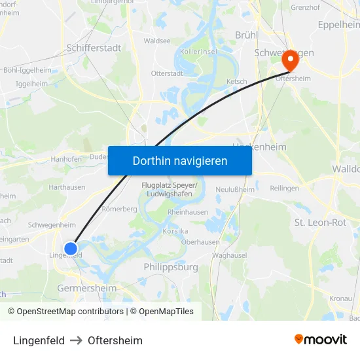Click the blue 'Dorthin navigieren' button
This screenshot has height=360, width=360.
tap(180, 160)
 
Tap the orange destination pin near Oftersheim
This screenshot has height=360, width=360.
tap(289, 61)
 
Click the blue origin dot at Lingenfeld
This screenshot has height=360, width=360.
tap(71, 248)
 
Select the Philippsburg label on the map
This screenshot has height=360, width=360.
tap(170, 267)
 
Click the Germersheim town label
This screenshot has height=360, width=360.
tap(86, 288)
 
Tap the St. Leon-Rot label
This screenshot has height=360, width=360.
tap(320, 223)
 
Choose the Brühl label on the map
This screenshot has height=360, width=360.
tap(247, 35)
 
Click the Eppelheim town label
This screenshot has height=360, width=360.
tap(338, 25)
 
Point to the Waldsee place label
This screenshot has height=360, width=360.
tap(157, 41)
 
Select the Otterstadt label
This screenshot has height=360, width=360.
tap(167, 73)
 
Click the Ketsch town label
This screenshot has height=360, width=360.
tap(236, 81)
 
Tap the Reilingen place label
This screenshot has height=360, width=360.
tap(284, 189)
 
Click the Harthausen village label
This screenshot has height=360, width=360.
tap(67, 187)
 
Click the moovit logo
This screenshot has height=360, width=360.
tap(321, 339)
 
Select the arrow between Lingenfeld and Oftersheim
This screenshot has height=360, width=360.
tap(76, 340)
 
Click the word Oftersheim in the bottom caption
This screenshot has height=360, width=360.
tap(115, 340)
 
